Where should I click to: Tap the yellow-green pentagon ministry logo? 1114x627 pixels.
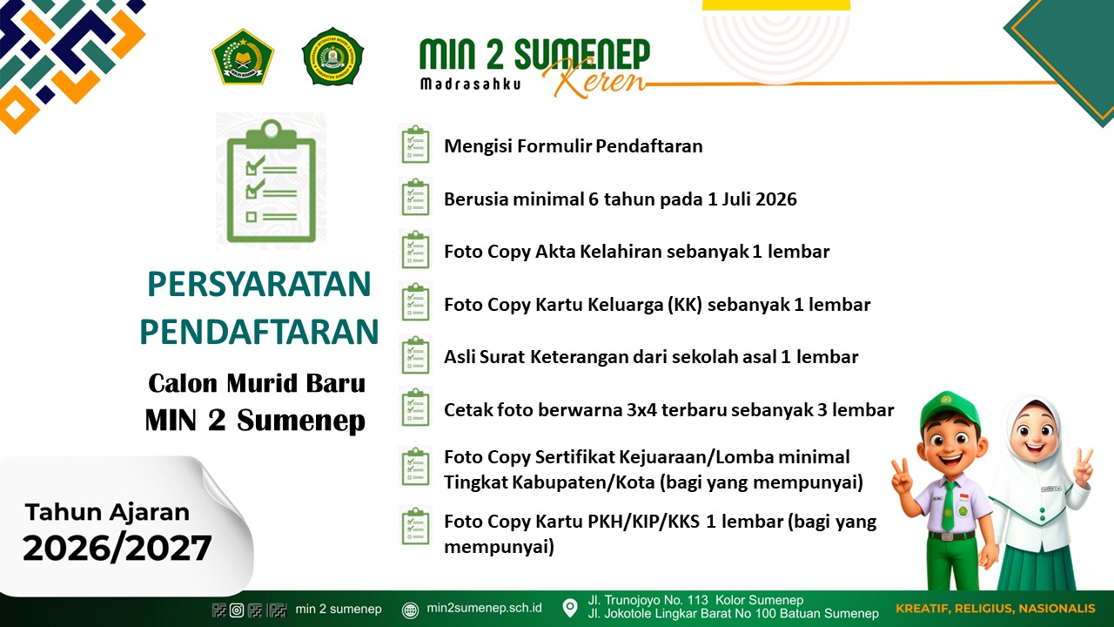tap(243, 57)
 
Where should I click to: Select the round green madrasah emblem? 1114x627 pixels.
tap(332, 57)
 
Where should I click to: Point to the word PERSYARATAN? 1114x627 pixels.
tap(259, 285)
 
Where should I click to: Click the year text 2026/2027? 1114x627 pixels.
tap(117, 548)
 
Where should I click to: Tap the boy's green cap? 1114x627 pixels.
tap(949, 406)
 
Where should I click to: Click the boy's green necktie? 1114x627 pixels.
tap(950, 506)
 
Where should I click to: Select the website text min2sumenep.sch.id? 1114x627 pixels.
tap(485, 609)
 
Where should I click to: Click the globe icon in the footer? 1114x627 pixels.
tap(411, 610)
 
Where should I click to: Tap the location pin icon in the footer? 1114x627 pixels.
tap(570, 608)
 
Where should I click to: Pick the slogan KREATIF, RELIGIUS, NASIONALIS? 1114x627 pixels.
tap(996, 609)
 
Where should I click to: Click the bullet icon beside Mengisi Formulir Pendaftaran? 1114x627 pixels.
tap(415, 145)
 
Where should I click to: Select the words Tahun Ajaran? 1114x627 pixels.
tap(107, 512)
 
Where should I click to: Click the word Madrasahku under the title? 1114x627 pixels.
tap(470, 84)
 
